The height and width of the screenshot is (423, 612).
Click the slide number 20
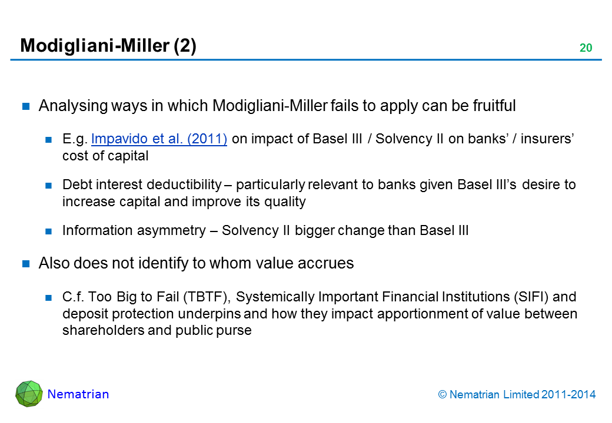[586, 48]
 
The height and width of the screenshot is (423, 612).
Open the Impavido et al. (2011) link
[159, 139]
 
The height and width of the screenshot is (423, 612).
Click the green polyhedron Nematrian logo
[29, 394]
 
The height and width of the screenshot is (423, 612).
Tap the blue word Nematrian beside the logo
[78, 394]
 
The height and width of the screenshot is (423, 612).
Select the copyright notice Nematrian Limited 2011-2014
[517, 395]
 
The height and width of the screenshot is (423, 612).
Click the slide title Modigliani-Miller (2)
[108, 46]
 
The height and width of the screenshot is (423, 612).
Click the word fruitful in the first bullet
[494, 106]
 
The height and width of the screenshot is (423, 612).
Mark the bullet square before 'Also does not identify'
[26, 264]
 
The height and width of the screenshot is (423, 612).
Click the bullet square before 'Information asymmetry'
[49, 231]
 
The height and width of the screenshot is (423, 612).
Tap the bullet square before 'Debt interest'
[49, 186]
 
